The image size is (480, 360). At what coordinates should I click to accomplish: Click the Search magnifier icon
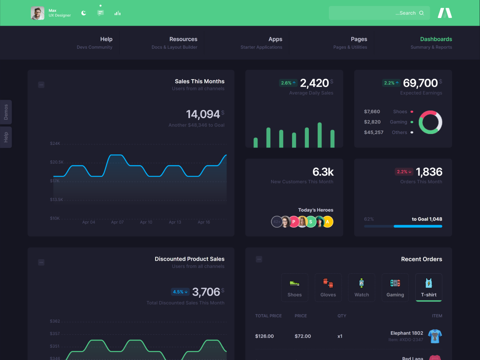(421, 13)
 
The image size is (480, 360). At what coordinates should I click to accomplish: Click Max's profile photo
(38, 13)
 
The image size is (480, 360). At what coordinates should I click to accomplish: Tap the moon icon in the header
(84, 13)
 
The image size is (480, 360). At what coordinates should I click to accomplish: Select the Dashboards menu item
(436, 39)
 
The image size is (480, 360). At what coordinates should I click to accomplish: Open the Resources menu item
(183, 39)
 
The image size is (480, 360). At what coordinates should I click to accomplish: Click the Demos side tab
(6, 112)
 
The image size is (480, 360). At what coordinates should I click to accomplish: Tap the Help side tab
(6, 137)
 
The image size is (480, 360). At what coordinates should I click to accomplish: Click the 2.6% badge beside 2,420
(288, 83)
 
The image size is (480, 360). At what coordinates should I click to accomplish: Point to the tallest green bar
(320, 135)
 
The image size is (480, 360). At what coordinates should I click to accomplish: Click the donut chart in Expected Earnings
(430, 122)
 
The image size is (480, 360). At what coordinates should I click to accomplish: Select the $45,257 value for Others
(374, 132)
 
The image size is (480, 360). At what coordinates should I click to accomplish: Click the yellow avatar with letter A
(328, 222)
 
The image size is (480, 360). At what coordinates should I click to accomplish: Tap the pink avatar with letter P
(294, 222)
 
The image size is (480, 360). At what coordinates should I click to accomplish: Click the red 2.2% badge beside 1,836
(404, 172)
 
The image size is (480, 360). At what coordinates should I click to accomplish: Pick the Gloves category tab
(328, 287)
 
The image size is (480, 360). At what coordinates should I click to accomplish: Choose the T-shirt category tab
(428, 287)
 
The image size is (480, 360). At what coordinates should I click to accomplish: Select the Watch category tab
(362, 287)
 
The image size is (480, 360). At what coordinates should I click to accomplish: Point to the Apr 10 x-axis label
(146, 222)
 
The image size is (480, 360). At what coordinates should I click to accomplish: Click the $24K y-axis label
(55, 143)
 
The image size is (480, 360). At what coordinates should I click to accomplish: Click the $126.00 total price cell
(264, 336)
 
